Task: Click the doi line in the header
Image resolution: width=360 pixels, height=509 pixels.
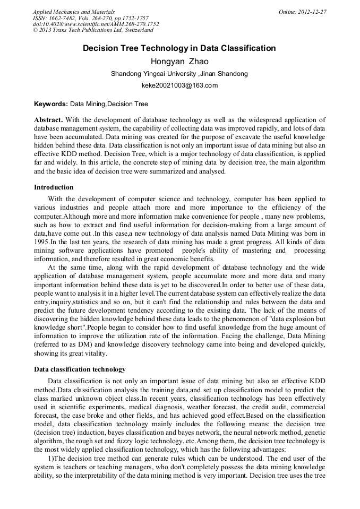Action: [x=96, y=24]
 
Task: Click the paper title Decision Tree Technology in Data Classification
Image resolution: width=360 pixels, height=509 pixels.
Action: [x=179, y=48]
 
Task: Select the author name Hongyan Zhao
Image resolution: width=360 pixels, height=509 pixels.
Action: [x=179, y=62]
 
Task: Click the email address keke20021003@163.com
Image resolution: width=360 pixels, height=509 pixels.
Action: [x=179, y=85]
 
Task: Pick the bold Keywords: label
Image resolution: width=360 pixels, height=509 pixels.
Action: [x=51, y=104]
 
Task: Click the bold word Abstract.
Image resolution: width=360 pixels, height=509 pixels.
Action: [x=48, y=120]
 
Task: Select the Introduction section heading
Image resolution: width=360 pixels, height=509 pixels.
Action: [x=54, y=187]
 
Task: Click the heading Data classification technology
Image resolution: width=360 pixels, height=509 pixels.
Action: [x=80, y=369]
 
